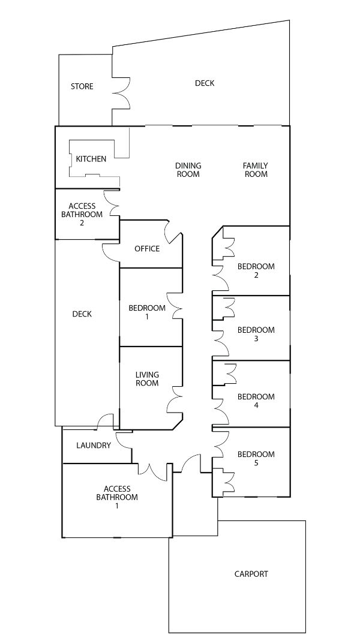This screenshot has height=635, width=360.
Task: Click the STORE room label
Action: [82, 86]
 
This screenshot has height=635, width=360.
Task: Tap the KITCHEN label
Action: [91, 159]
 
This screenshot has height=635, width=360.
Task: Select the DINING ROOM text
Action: [188, 170]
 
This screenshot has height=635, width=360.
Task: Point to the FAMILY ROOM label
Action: [255, 170]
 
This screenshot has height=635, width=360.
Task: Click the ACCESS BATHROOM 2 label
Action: [82, 214]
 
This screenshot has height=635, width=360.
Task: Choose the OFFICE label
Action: [147, 248]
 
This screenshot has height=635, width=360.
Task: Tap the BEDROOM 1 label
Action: [147, 312]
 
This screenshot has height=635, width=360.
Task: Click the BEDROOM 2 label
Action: [256, 270]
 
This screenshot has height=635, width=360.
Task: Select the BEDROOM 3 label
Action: [256, 334]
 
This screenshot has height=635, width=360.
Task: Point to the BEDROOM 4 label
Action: [256, 401]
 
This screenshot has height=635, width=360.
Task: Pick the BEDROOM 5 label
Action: [256, 458]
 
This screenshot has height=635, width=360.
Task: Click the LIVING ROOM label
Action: [147, 379]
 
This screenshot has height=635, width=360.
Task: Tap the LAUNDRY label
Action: [94, 446]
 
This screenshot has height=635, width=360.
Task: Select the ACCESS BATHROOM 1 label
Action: [117, 497]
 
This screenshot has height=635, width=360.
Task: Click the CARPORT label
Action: [251, 574]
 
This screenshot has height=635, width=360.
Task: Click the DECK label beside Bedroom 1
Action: [82, 314]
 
